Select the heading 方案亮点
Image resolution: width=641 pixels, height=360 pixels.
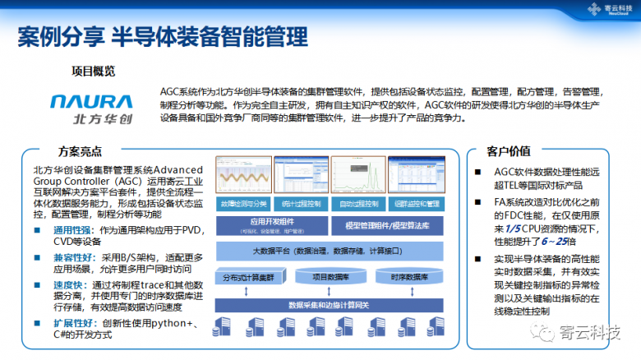[x=81, y=152]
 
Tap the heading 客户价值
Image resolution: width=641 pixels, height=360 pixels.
[x=510, y=152]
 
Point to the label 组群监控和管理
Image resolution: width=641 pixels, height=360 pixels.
[x=416, y=203]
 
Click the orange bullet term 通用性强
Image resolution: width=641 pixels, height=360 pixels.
[x=71, y=231]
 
